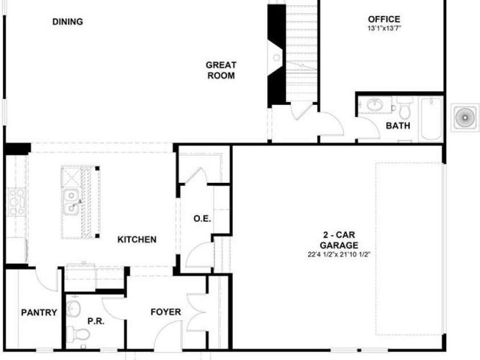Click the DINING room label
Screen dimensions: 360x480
pyautogui.click(x=67, y=22)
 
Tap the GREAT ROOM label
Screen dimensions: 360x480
pyautogui.click(x=221, y=70)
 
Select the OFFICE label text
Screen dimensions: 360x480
pyautogui.click(x=384, y=19)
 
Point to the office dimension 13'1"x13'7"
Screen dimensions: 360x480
pyautogui.click(x=384, y=27)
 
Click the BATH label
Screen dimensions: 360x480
pyautogui.click(x=397, y=126)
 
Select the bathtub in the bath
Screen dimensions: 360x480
pyautogui.click(x=430, y=118)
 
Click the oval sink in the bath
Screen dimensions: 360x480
pyautogui.click(x=375, y=105)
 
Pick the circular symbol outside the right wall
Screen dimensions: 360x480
pyautogui.click(x=465, y=118)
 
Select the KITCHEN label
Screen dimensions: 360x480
pyautogui.click(x=137, y=240)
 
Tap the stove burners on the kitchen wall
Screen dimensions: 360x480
pyautogui.click(x=16, y=202)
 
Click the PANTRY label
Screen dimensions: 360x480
pyautogui.click(x=39, y=312)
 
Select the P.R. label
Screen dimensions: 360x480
pyautogui.click(x=95, y=321)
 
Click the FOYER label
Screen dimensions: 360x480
pyautogui.click(x=166, y=312)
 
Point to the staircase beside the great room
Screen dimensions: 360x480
pyautogui.click(x=300, y=51)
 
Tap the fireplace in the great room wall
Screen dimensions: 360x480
pyautogui.click(x=277, y=57)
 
